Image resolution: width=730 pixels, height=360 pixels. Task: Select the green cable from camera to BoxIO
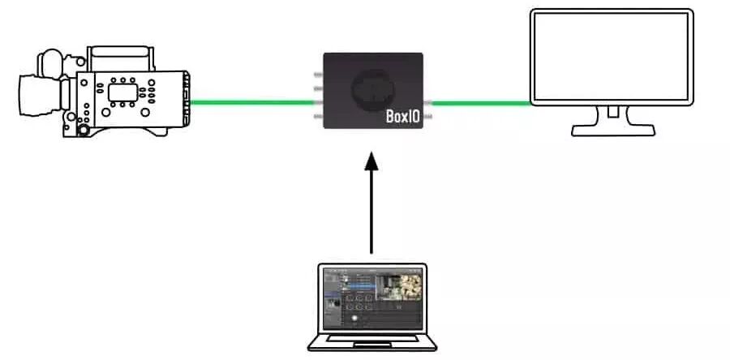(x=252, y=103)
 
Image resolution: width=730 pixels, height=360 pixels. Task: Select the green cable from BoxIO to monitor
(x=479, y=103)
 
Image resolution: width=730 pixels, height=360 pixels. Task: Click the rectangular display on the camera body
(x=122, y=92)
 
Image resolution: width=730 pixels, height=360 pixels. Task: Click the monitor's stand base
(x=613, y=130)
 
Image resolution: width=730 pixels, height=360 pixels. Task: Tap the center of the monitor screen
(x=612, y=57)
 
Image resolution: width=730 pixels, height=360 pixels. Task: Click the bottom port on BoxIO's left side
(x=319, y=118)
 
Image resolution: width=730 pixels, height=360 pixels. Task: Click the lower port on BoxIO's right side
(x=427, y=118)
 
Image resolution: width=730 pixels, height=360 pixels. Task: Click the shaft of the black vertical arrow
(x=371, y=211)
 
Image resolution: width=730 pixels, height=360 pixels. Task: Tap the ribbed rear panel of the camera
(x=187, y=101)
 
